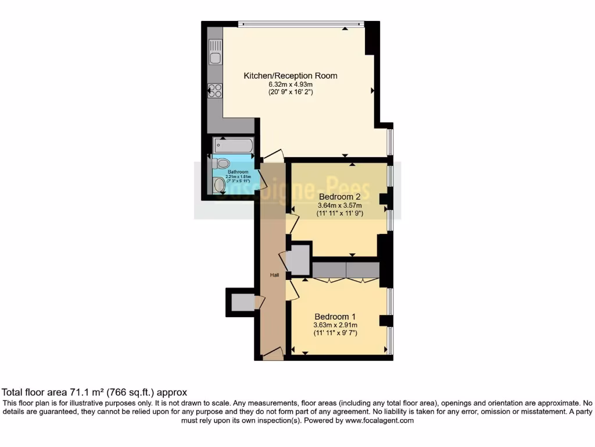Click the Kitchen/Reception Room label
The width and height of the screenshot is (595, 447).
[290, 76]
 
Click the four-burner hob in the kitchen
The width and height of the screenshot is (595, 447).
[214, 90]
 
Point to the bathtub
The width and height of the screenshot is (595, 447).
[232, 145]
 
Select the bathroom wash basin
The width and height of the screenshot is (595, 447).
[219, 185]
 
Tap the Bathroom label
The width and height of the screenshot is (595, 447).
[238, 172]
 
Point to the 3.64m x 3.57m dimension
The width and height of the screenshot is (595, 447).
[340, 205]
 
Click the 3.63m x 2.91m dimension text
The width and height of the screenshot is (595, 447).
[335, 325]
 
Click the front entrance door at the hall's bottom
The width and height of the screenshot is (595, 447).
[272, 353]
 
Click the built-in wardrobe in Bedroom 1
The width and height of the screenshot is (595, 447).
[346, 269]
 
